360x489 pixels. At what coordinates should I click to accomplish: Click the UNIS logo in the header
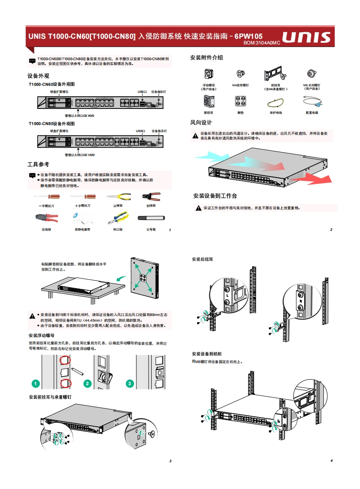(x=306, y=38)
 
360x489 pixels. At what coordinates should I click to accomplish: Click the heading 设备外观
(x=38, y=75)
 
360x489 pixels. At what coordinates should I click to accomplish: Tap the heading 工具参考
(x=38, y=164)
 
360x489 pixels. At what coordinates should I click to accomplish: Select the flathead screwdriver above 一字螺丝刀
(x=46, y=197)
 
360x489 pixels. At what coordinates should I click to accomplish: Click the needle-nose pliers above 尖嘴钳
(x=117, y=197)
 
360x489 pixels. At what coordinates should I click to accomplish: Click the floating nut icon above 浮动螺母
(x=208, y=74)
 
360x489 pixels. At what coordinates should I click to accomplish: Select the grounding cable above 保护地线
(x=275, y=103)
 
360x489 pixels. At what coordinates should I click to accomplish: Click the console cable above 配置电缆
(x=312, y=102)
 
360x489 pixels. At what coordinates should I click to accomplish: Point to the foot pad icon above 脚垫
(x=240, y=101)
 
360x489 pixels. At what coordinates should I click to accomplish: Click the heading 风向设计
(x=201, y=122)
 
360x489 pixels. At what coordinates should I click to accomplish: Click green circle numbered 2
(x=87, y=384)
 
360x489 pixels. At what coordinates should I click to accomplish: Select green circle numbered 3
(x=129, y=384)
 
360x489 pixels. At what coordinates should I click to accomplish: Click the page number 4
(x=331, y=461)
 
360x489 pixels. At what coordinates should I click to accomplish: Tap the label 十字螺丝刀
(x=83, y=206)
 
